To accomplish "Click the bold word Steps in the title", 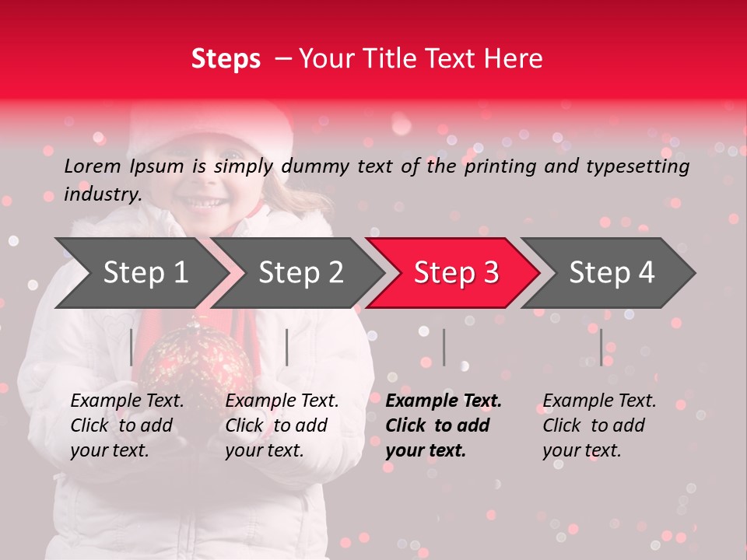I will [x=226, y=59].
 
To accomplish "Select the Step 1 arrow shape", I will [x=140, y=273].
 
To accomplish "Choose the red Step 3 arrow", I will [x=455, y=273].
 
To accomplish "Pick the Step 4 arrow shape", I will [x=611, y=273].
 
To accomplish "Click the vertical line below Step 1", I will [x=132, y=347].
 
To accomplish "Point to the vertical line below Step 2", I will [x=287, y=347].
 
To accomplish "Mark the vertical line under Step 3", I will [x=444, y=347].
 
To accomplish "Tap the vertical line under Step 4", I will [x=601, y=347].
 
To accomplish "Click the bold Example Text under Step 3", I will [x=444, y=401].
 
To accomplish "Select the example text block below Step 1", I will [x=127, y=425].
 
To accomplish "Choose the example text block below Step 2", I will [x=282, y=425].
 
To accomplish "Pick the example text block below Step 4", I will [x=599, y=425].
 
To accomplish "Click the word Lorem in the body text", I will [x=93, y=166].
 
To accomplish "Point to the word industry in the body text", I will [x=102, y=194].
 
